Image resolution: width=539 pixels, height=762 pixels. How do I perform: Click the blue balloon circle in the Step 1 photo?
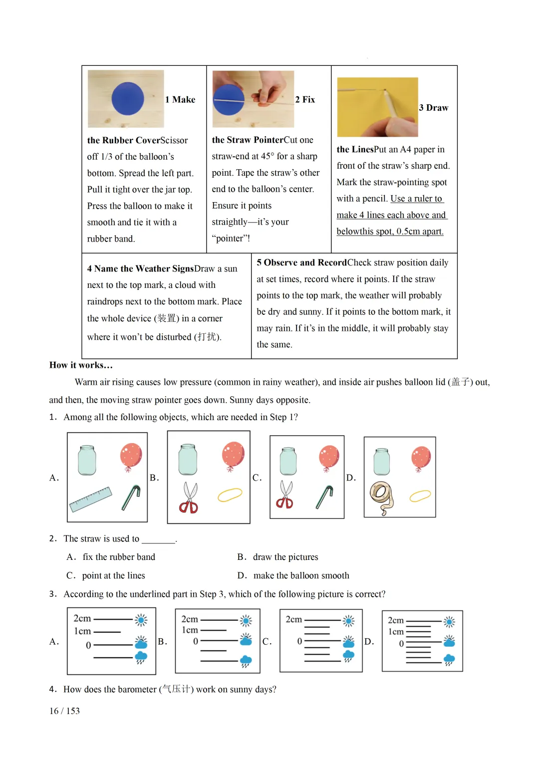128,99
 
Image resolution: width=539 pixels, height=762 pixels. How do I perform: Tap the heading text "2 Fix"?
305,100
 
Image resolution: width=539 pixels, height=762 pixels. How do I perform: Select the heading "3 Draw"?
433,108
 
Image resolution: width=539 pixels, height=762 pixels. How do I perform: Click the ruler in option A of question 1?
91,499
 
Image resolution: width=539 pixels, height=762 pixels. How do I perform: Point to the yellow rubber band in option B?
230,495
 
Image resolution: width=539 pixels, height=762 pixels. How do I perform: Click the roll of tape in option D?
381,497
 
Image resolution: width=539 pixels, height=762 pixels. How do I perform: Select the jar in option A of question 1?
87,460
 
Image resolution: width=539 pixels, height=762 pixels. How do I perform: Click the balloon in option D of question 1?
421,458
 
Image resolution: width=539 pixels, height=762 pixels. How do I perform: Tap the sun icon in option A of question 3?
141,620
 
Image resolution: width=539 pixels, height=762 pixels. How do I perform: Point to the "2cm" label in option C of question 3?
293,619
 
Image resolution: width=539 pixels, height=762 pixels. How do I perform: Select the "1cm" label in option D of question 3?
396,632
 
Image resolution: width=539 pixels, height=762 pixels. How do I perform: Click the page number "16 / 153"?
64,711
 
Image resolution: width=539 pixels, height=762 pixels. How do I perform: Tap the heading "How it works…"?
81,365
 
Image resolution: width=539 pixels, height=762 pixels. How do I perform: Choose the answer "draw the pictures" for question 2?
285,557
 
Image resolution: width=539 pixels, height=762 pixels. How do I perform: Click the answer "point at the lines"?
113,575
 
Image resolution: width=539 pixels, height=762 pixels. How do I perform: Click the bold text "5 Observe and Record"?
301,262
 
